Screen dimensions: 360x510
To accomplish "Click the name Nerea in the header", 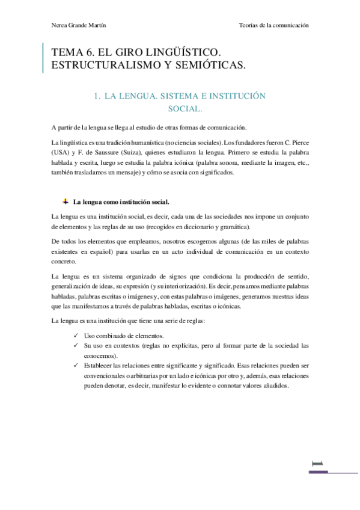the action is pos(61,26).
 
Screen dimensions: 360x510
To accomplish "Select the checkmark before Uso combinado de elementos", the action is pos(75,336).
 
